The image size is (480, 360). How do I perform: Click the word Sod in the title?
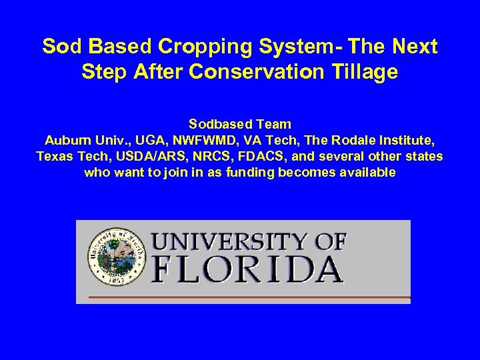pos(59,47)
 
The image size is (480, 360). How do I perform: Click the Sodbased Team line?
pos(240,124)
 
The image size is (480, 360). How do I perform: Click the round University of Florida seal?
pos(117,257)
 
